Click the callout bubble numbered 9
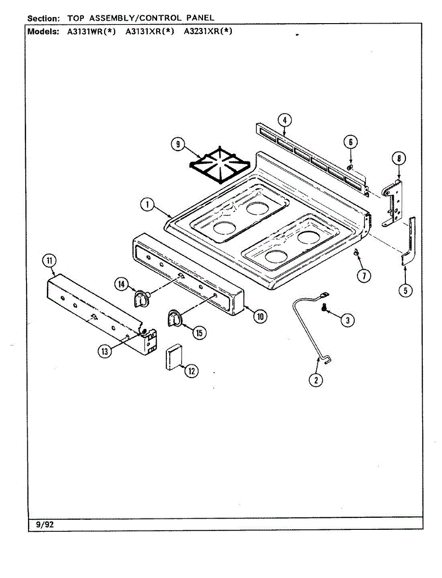178,144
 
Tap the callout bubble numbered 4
284,119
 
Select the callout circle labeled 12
192,371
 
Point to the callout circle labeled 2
316,380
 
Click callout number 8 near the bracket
399,158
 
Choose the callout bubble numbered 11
49,262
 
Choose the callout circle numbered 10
260,316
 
